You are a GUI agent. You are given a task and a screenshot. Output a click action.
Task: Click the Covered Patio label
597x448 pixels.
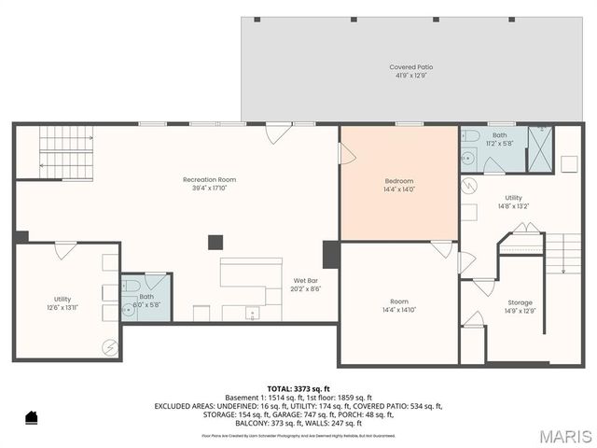pyautogui.click(x=410, y=67)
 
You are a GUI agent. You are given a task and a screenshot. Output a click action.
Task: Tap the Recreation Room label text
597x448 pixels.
pyautogui.click(x=209, y=179)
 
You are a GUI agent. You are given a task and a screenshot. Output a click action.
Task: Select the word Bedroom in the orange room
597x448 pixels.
pyautogui.click(x=399, y=180)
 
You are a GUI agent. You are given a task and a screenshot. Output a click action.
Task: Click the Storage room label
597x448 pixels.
pyautogui.click(x=520, y=302)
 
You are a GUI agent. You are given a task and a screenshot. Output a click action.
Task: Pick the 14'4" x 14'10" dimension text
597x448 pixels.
pyautogui.click(x=399, y=310)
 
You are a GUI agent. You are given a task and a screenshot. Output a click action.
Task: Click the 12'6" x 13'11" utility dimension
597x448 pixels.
pyautogui.click(x=62, y=307)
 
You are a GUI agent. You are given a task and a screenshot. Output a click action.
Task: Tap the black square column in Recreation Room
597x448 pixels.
pyautogui.click(x=215, y=242)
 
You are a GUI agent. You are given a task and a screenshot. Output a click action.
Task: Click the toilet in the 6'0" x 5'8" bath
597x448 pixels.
pyautogui.click(x=132, y=285)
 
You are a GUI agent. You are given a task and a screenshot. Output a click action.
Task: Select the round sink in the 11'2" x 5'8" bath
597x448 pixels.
pyautogui.click(x=468, y=159)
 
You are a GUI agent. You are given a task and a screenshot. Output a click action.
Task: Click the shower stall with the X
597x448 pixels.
pyautogui.click(x=540, y=149)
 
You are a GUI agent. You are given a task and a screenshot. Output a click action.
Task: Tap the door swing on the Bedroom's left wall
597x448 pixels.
pyautogui.click(x=346, y=154)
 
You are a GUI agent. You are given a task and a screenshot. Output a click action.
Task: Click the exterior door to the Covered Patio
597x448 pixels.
pyautogui.click(x=277, y=133)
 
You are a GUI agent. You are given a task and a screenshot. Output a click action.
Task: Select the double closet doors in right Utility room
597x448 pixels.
pyautogui.click(x=525, y=229)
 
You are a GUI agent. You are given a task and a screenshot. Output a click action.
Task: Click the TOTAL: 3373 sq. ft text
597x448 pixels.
pyautogui.click(x=298, y=388)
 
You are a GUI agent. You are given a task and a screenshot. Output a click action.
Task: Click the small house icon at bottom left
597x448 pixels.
pyautogui.click(x=30, y=416)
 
